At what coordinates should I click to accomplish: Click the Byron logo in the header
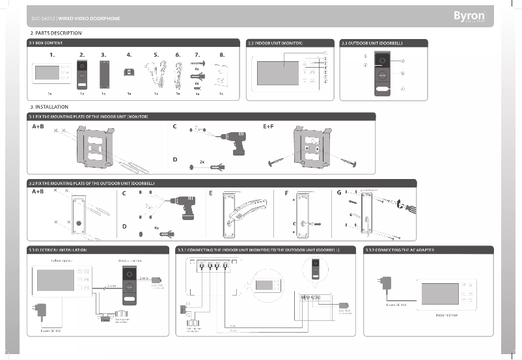pyautogui.click(x=472, y=15)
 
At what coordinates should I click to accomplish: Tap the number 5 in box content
pyautogui.click(x=156, y=55)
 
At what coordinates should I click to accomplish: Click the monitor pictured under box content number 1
pyautogui.click(x=51, y=73)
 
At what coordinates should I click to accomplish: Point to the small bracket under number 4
pyautogui.click(x=130, y=72)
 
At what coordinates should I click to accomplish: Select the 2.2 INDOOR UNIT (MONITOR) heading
pyautogui.click(x=275, y=43)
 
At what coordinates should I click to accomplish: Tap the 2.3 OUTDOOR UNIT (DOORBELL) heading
pyautogui.click(x=372, y=43)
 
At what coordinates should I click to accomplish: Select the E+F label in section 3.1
pyautogui.click(x=269, y=126)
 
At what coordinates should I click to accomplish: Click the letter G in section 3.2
pyautogui.click(x=338, y=193)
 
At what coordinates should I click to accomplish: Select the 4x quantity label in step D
pyautogui.click(x=156, y=228)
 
